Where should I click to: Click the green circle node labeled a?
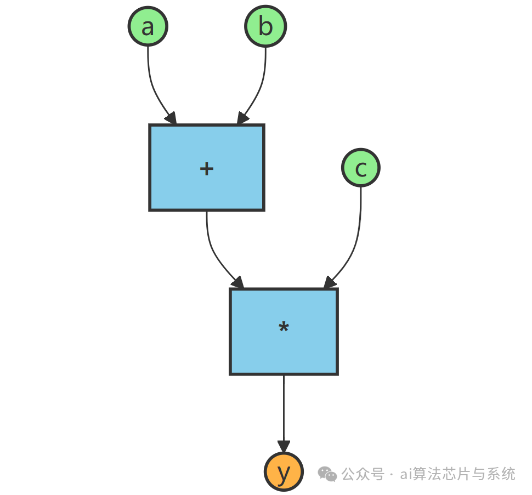tap(148, 26)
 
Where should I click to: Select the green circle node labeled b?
tap(265, 26)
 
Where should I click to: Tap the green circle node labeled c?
tap(360, 168)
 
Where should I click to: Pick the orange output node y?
tap(284, 473)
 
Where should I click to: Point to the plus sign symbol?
tap(207, 168)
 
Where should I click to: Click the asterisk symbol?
tap(284, 328)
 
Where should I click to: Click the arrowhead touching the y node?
tap(284, 446)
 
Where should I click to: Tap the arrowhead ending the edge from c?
tap(329, 282)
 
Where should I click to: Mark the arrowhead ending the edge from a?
tap(171, 118)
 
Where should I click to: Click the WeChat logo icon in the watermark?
tap(329, 474)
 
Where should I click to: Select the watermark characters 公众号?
tap(363, 474)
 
